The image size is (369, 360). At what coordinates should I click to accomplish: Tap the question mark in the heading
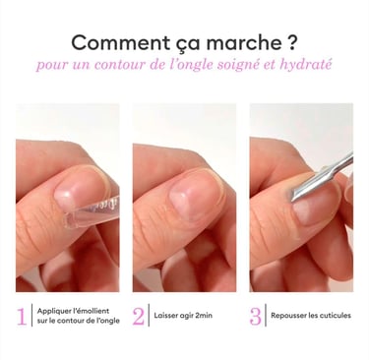click(x=292, y=42)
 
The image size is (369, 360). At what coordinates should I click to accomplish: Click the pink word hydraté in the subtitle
click(x=306, y=65)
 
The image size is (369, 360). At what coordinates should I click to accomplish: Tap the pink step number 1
click(x=22, y=316)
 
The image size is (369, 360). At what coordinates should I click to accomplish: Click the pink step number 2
click(x=139, y=316)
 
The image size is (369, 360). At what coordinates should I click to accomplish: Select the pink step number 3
click(x=255, y=316)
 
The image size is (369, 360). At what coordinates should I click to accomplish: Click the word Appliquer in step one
click(x=52, y=311)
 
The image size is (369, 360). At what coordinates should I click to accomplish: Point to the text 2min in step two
click(x=204, y=316)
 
